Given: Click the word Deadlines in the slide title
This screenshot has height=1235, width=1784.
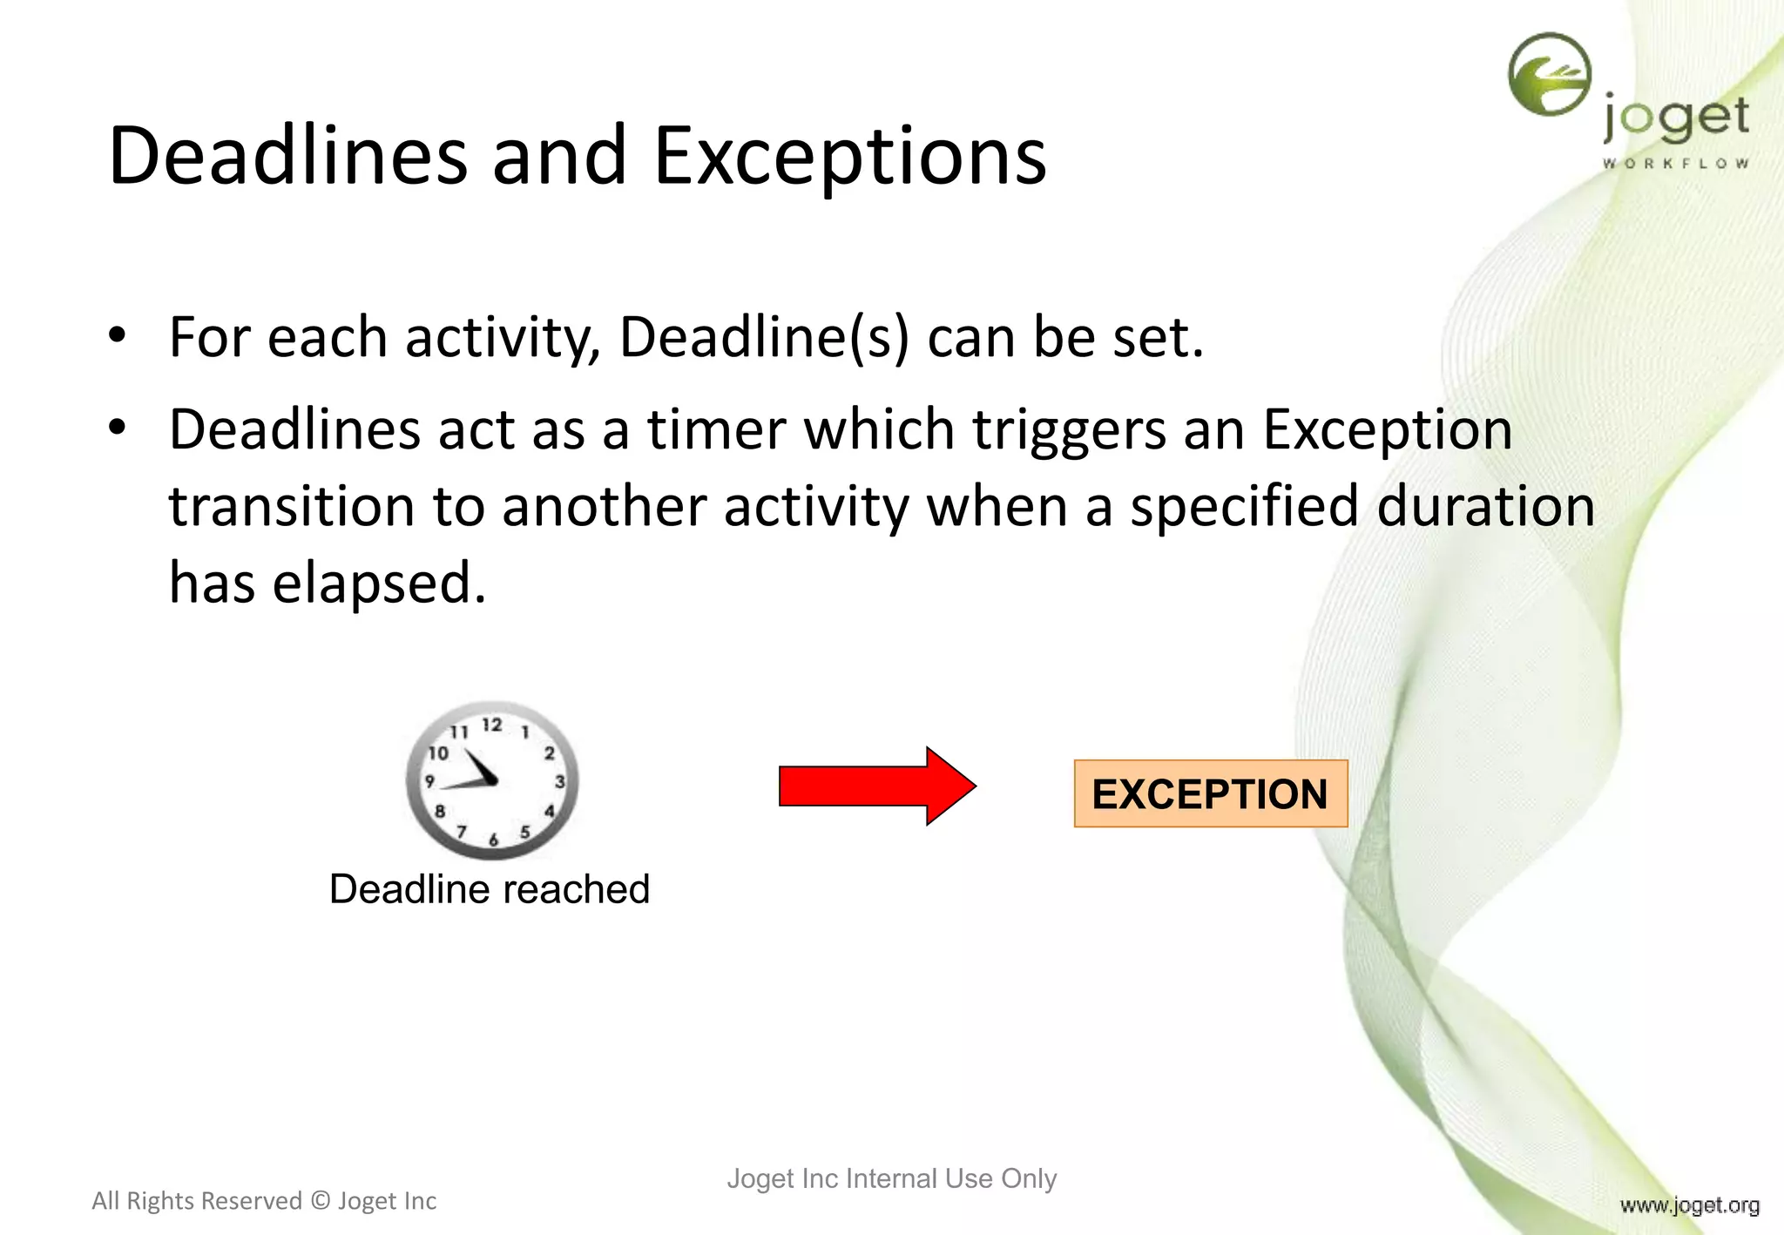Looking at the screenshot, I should tap(287, 157).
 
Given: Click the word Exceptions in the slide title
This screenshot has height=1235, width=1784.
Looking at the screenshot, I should tap(849, 157).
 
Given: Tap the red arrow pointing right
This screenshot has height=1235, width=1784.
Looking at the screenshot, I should tap(875, 786).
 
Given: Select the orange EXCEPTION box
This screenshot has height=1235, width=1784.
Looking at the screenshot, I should tap(1210, 793).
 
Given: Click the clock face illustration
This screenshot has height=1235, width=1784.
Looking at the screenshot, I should tap(492, 779).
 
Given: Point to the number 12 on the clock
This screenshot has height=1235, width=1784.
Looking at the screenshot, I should tap(492, 725).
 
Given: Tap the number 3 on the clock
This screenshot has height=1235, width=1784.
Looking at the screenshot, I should tap(559, 781).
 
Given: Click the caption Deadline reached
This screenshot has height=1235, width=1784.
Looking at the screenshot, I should tap(490, 889).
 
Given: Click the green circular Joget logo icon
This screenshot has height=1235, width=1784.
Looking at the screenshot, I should tap(1550, 75).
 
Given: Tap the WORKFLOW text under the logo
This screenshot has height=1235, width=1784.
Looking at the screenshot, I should tap(1675, 163).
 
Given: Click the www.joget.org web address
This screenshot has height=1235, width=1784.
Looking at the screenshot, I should tap(1689, 1205).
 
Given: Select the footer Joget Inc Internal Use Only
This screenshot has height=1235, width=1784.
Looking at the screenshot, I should tap(891, 1178).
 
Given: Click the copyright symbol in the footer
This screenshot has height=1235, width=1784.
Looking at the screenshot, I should tap(320, 1201).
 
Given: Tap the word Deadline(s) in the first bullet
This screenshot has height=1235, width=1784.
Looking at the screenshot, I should tap(764, 337).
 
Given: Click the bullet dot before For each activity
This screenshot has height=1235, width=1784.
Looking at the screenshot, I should tap(118, 335).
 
